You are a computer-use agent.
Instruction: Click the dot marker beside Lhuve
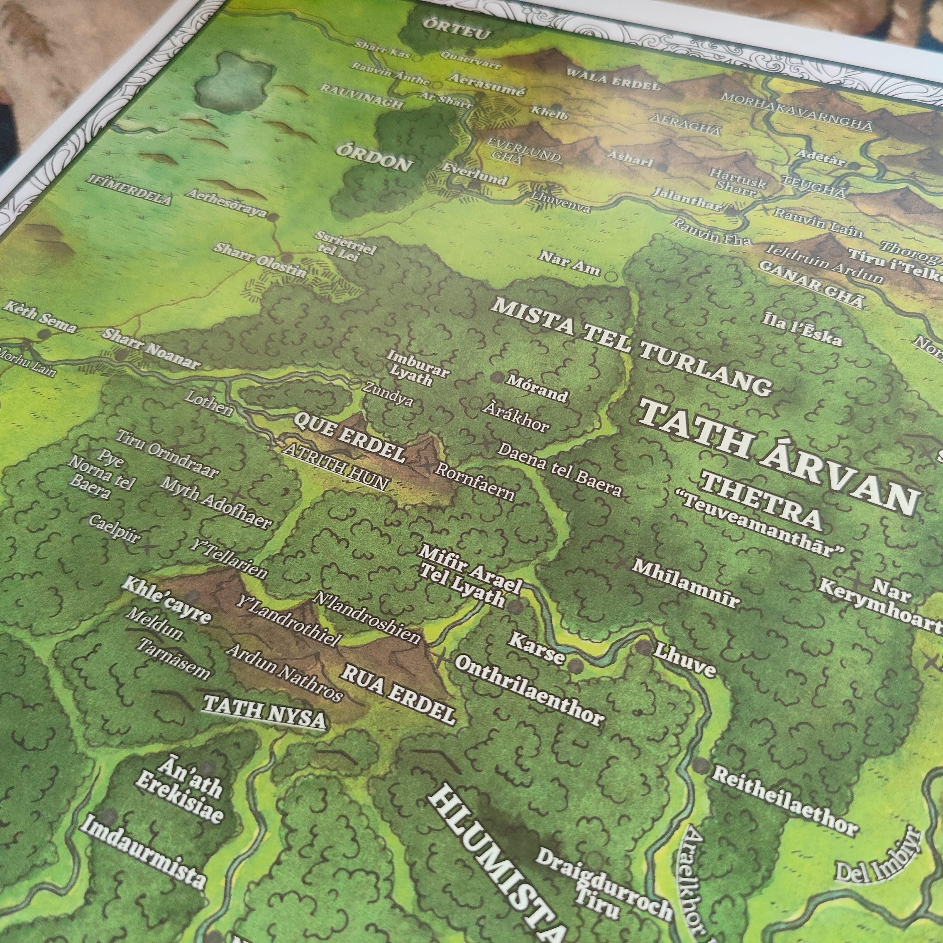pos(643,648)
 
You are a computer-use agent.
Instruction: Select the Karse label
pos(537,649)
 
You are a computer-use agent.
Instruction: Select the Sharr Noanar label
pos(151,349)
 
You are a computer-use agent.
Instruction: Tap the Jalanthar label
pos(688,199)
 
